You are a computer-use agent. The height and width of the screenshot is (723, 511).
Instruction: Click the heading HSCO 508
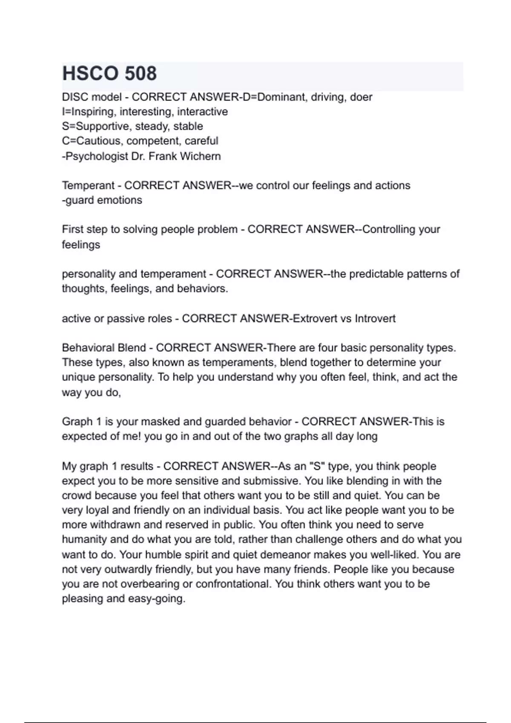click(109, 74)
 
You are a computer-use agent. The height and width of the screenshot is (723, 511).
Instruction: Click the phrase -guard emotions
click(102, 200)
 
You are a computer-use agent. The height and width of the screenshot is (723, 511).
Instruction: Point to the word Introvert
click(375, 319)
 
